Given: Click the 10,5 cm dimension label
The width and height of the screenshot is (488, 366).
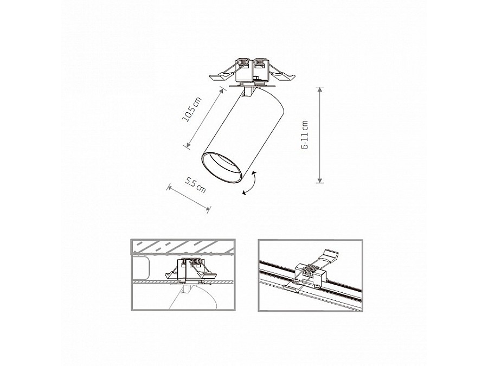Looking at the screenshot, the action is (x=192, y=110).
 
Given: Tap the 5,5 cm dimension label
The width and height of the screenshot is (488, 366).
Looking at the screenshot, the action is (x=195, y=185).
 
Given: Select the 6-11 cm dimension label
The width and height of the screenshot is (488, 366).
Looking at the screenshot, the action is (x=305, y=135).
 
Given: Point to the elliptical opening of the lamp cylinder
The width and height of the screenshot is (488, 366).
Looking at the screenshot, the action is (x=221, y=168).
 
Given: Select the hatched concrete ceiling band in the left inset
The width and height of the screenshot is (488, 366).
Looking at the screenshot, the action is (x=183, y=247).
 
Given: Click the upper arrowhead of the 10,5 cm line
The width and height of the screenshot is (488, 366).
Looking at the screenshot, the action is (x=222, y=91).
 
